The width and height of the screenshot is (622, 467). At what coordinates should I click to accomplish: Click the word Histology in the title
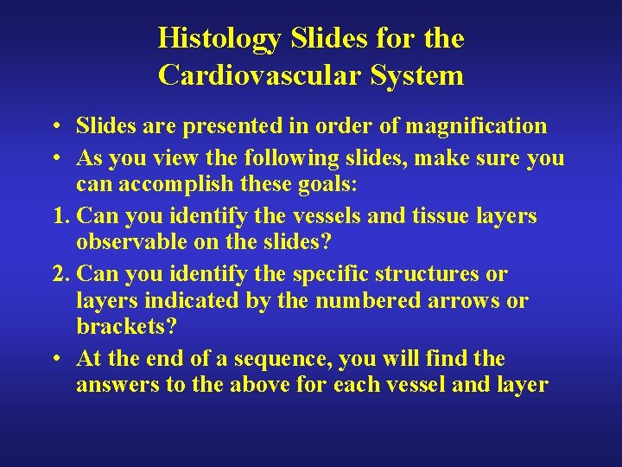[219, 38]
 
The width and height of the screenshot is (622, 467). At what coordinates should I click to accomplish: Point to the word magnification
[477, 126]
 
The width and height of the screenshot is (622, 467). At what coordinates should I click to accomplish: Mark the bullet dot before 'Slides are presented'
[54, 126]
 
